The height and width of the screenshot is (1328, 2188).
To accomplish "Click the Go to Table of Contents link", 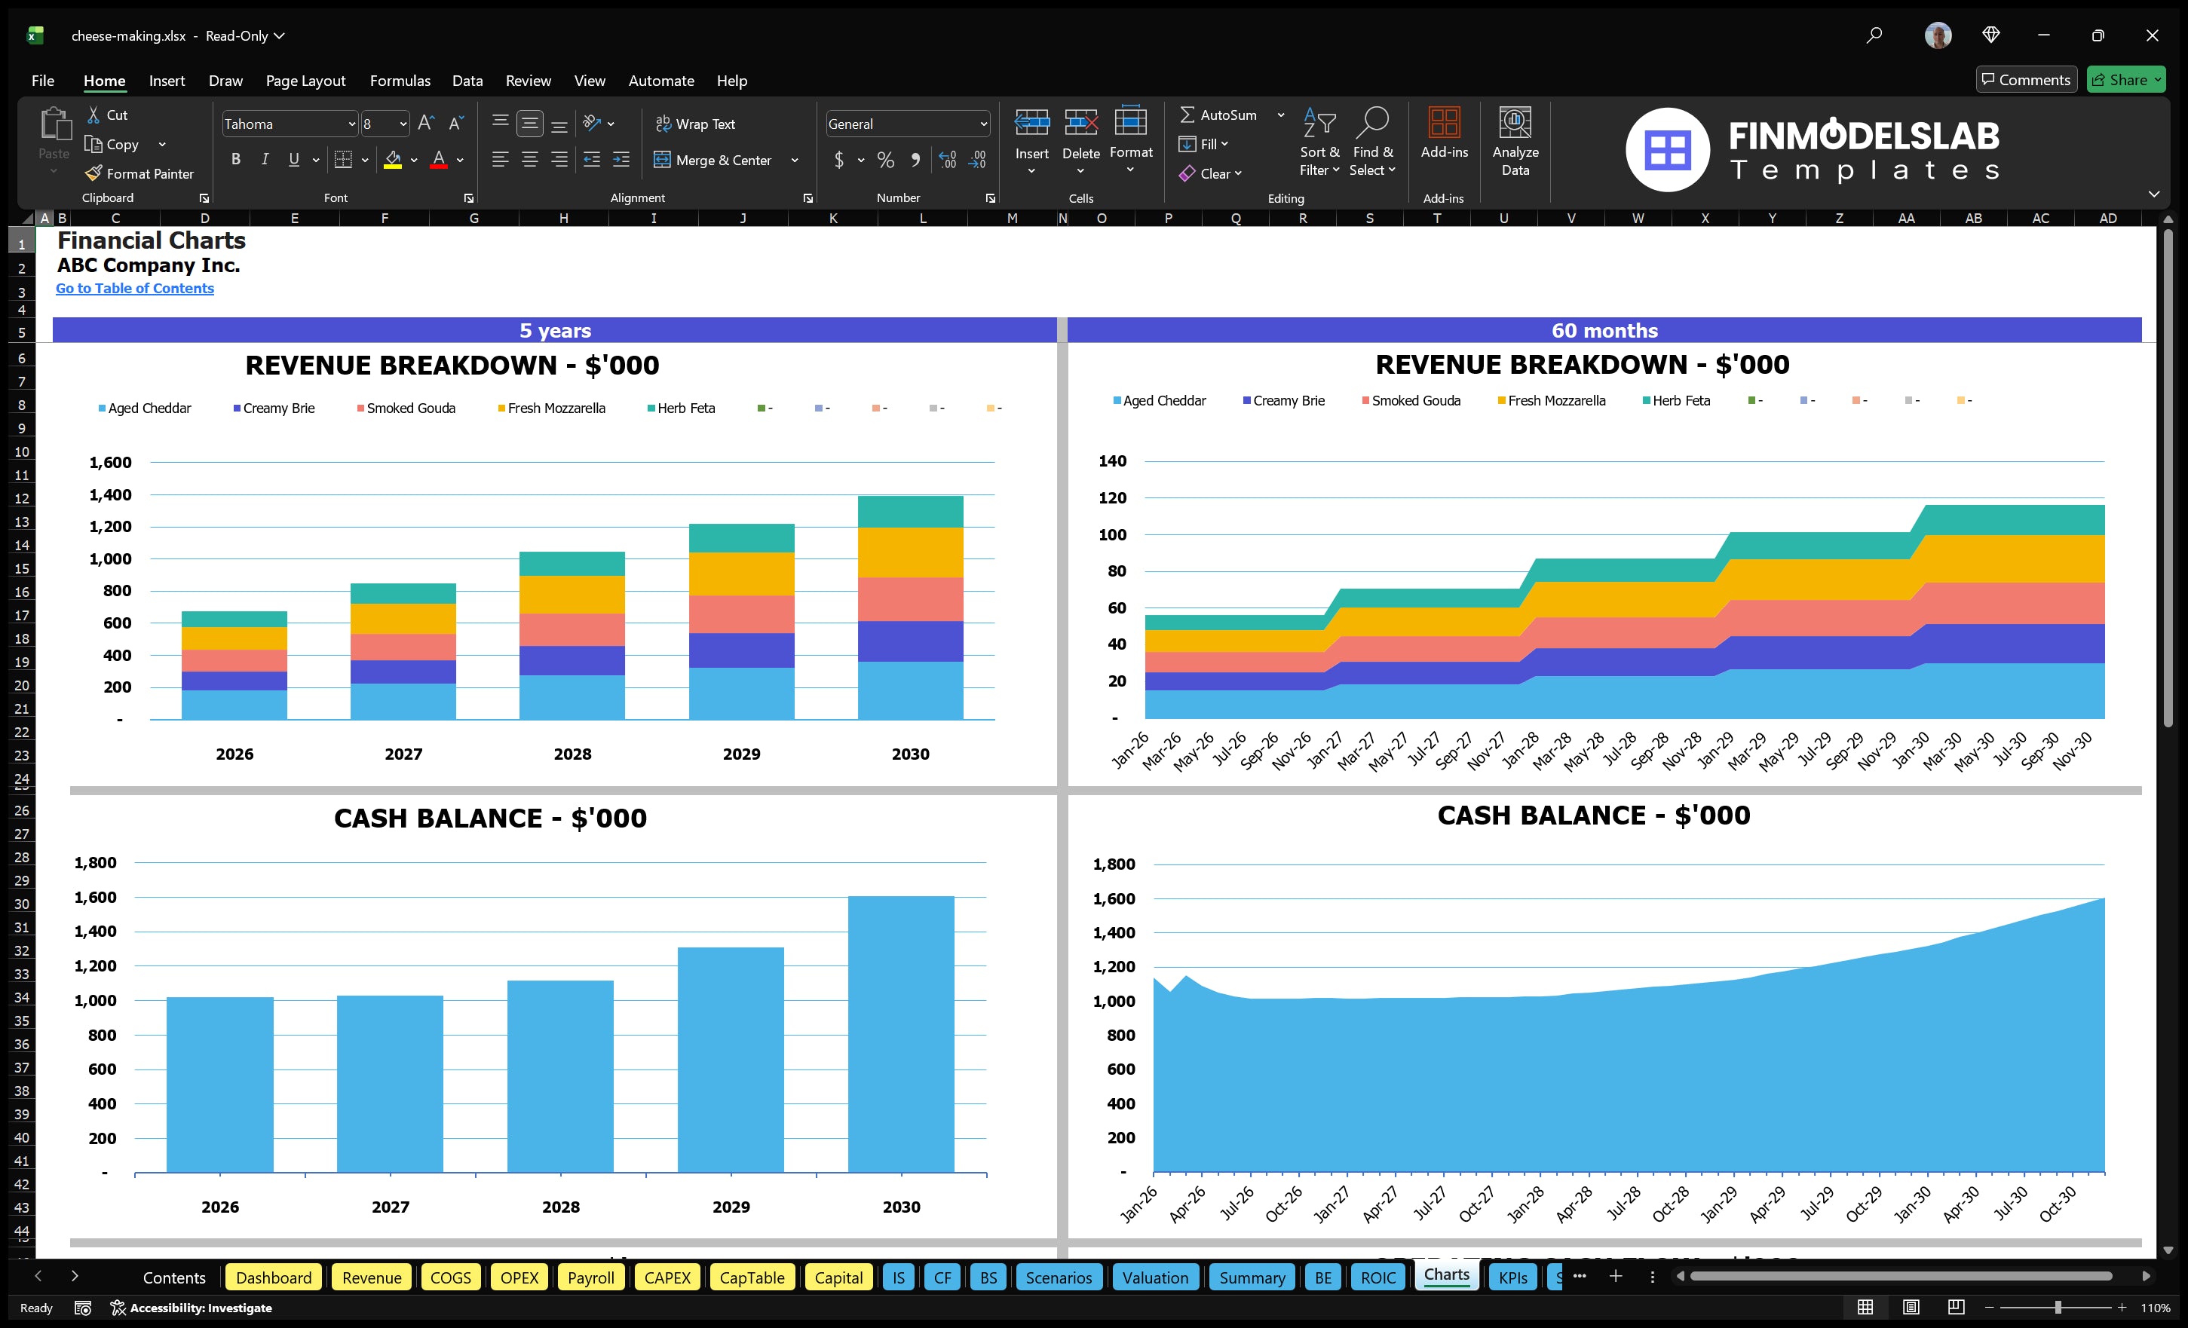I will click(135, 289).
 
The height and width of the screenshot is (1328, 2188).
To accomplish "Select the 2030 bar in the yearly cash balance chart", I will click(900, 1034).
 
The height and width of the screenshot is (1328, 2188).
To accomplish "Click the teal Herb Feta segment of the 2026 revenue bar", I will click(234, 619).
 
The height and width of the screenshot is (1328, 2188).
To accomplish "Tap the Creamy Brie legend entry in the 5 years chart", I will click(274, 408).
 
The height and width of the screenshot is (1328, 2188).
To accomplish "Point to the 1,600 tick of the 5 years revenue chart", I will click(110, 463).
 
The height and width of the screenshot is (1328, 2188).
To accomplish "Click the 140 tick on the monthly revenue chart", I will click(1112, 461).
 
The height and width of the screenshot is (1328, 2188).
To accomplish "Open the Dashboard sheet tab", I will click(274, 1278).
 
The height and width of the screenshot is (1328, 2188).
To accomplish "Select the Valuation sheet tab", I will click(1154, 1278).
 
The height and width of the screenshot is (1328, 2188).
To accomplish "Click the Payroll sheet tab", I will click(590, 1278).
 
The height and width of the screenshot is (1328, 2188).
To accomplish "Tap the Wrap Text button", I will click(695, 124).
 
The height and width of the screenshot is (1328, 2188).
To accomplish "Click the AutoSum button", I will click(1218, 115).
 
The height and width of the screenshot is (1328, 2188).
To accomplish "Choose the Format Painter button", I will click(139, 174).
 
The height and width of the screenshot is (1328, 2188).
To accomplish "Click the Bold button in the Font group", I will click(235, 160).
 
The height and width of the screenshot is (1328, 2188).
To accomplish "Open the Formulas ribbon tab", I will click(400, 81).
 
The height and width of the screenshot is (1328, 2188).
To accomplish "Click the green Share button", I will click(2125, 80).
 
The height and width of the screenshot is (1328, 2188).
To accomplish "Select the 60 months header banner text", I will click(1604, 331).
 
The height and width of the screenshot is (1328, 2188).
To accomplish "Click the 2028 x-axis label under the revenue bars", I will click(572, 754).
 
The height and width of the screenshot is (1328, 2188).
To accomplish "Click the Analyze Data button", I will click(1515, 142).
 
